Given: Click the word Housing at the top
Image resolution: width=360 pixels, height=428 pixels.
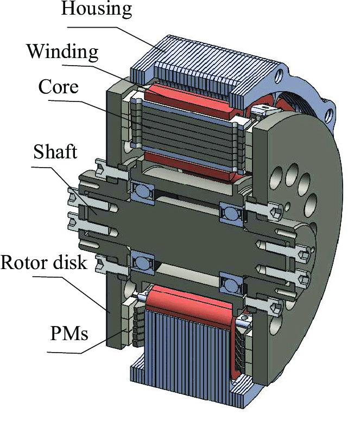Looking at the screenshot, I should tap(96, 9).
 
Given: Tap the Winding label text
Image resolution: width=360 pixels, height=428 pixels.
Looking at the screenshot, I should tap(62, 52).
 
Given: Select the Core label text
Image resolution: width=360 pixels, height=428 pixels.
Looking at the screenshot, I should tap(59, 87).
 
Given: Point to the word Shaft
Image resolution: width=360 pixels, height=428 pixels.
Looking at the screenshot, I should tap(55, 152).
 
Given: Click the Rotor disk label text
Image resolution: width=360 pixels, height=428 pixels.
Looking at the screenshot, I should tap(44, 263).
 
